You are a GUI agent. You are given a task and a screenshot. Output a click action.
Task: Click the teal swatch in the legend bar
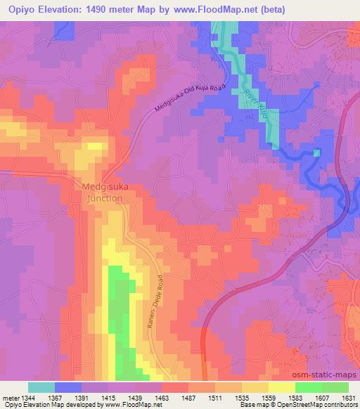pos(41,387)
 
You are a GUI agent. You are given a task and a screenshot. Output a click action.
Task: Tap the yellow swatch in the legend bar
pos(281,387)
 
